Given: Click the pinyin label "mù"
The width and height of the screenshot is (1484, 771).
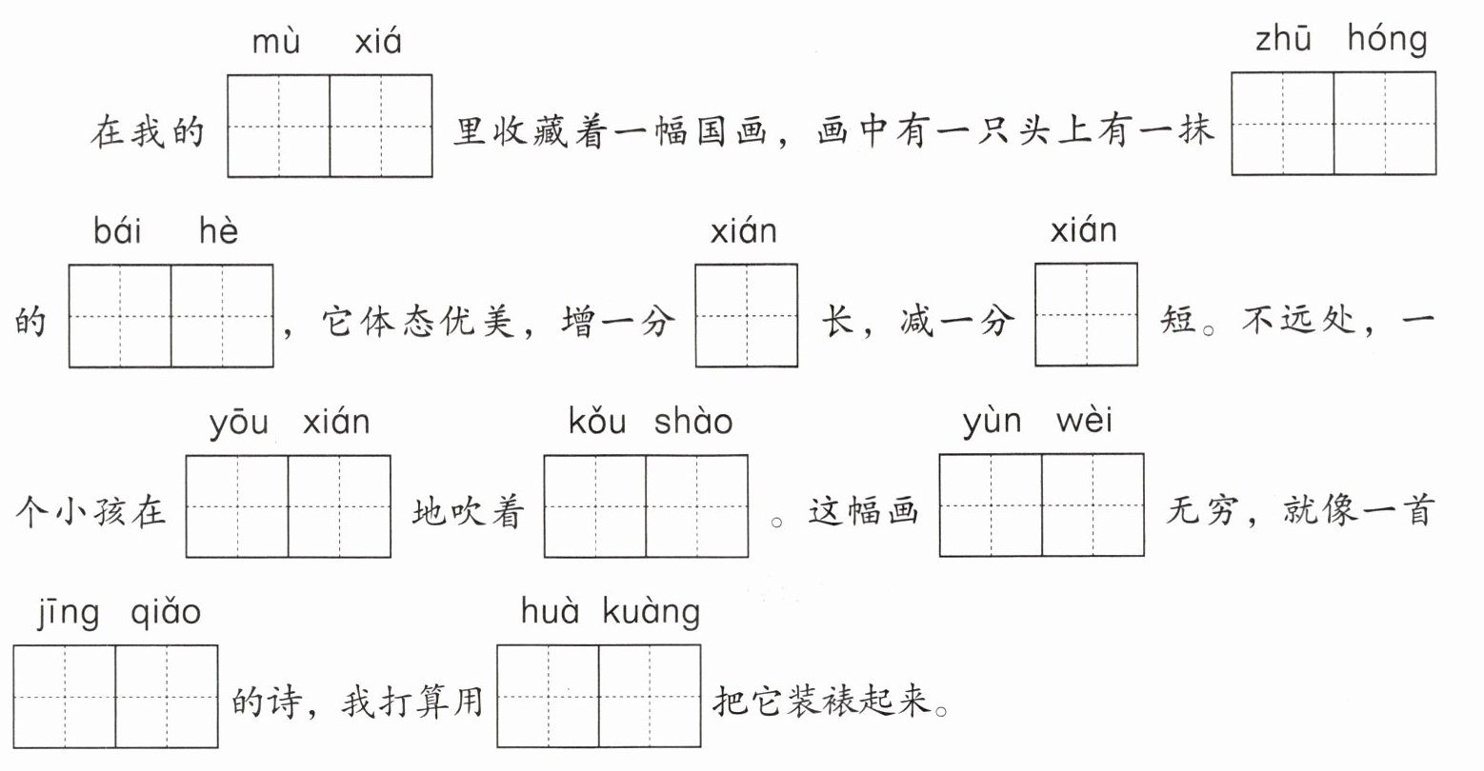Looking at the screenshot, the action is (x=276, y=43).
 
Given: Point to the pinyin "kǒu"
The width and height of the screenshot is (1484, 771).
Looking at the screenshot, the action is (x=597, y=422).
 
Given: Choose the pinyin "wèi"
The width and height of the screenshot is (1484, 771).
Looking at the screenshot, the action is (x=1083, y=421).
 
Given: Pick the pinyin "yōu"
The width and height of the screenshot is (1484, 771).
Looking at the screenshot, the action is (x=238, y=422).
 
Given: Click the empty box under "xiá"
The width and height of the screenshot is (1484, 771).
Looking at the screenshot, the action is (x=381, y=126).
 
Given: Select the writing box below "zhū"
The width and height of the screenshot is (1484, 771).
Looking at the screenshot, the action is (x=1282, y=125).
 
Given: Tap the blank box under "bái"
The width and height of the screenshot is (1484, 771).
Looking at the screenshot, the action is (x=120, y=316).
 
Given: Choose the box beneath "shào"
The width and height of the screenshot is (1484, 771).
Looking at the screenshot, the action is (x=696, y=505).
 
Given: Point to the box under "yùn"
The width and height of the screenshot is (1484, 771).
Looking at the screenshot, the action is (x=991, y=504).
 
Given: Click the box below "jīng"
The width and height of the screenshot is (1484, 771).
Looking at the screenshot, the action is (x=65, y=696).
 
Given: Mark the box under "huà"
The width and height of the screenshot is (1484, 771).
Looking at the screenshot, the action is (x=549, y=696).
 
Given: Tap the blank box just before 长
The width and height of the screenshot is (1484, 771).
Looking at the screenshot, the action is (x=746, y=315).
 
